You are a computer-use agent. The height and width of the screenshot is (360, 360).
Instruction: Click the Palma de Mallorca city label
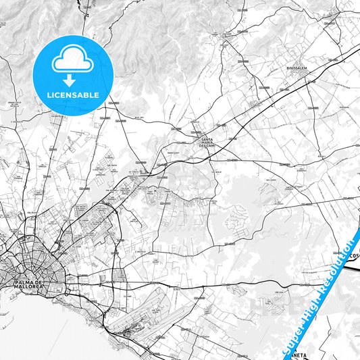coord(26,284)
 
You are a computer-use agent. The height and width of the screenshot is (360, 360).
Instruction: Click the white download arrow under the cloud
coord(70,80)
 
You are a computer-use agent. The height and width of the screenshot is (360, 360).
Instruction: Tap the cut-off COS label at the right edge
coord(355,256)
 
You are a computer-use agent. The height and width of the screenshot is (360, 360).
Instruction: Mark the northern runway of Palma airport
coord(165,298)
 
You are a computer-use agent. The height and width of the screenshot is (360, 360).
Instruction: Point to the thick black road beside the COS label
coord(352,266)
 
